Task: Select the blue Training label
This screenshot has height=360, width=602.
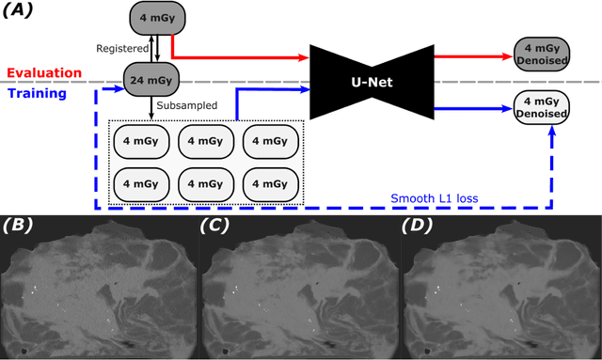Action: tap(37, 93)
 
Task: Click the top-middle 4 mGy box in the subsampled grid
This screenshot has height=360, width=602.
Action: tap(206, 140)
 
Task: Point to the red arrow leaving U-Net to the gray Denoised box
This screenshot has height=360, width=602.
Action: tap(470, 56)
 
